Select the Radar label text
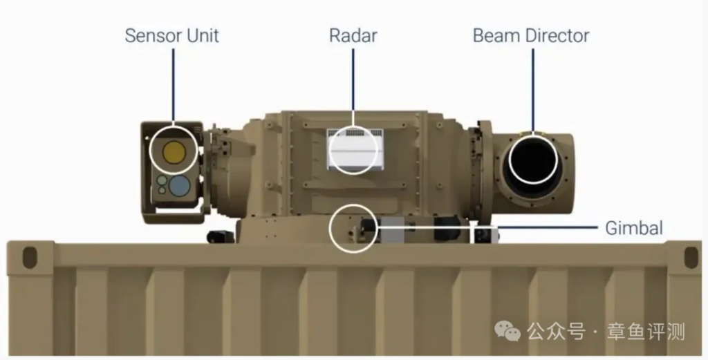pyautogui.click(x=353, y=36)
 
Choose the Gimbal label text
pyautogui.click(x=634, y=228)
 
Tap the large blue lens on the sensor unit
pyautogui.click(x=179, y=185)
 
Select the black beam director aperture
pyautogui.click(x=533, y=160)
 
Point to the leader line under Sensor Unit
pyautogui.click(x=173, y=85)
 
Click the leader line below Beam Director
pyautogui.click(x=533, y=91)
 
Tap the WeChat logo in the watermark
pyautogui.click(x=507, y=331)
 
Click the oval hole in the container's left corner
pyautogui.click(x=30, y=257)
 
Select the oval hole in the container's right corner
pyautogui.click(x=691, y=257)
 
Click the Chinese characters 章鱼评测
pyautogui.click(x=646, y=332)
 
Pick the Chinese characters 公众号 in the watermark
pyautogui.click(x=557, y=332)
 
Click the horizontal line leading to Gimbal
pyautogui.click(x=487, y=227)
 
